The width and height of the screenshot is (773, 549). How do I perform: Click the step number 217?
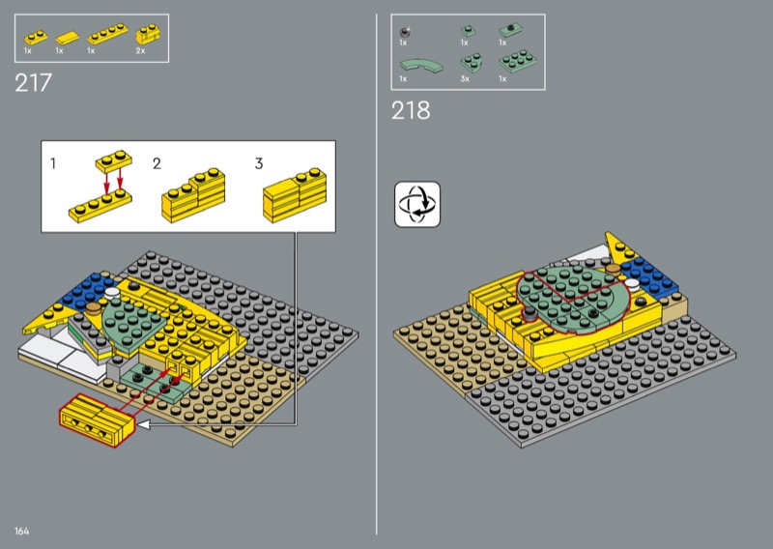coord(33,83)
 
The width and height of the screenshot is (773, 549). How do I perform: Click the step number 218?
coord(411,110)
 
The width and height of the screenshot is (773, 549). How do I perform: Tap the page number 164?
coord(21,532)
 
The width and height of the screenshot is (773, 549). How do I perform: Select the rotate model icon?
coord(417,204)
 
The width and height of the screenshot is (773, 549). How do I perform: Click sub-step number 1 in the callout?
coord(53,163)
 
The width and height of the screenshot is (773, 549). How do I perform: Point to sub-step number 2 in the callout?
coord(157,163)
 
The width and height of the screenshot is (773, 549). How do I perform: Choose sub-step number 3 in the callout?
coord(259,163)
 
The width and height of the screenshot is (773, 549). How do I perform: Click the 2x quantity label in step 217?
coord(140,51)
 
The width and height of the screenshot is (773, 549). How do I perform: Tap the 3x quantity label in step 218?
coord(465,79)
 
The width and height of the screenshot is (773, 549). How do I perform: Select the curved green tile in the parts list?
coord(421,66)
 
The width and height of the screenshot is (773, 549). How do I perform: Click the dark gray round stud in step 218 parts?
coord(405,33)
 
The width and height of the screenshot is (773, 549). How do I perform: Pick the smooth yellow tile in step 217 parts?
coord(68,38)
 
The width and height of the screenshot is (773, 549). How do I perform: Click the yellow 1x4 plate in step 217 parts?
coord(107,34)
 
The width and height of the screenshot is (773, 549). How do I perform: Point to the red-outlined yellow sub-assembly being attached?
coord(97,420)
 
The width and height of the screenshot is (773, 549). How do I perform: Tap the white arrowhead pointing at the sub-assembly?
coord(143,424)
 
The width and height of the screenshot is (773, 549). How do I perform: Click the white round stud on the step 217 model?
coord(112,293)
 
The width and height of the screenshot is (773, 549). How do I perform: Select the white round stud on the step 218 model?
coord(632,283)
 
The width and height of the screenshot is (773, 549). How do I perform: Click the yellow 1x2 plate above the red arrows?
coord(114,161)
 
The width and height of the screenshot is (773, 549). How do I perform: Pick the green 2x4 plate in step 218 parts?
coord(518,61)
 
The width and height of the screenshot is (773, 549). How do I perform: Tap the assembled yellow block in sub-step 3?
coord(295,195)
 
